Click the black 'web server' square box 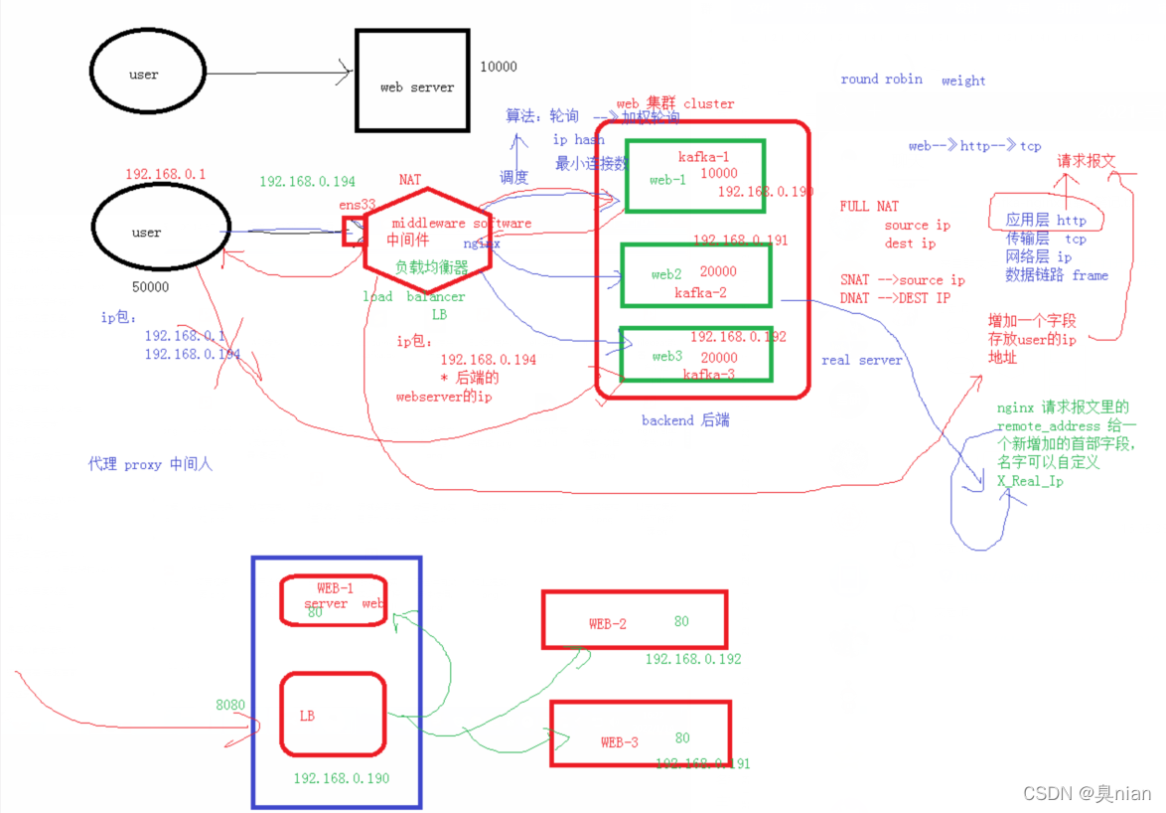[x=412, y=80]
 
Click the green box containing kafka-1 [x=695, y=175]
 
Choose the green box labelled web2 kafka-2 [x=695, y=274]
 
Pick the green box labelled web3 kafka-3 [x=695, y=353]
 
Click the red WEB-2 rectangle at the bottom [x=634, y=619]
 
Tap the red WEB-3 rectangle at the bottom [x=641, y=733]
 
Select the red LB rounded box [x=333, y=714]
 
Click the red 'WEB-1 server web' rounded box [x=333, y=600]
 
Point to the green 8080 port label [x=230, y=705]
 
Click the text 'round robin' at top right [x=881, y=80]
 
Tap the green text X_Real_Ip [x=1031, y=481]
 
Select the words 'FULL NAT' [x=869, y=206]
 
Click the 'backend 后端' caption [x=684, y=420]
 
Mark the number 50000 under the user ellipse [x=150, y=286]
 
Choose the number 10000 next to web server [x=499, y=67]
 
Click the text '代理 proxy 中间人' [x=150, y=464]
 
